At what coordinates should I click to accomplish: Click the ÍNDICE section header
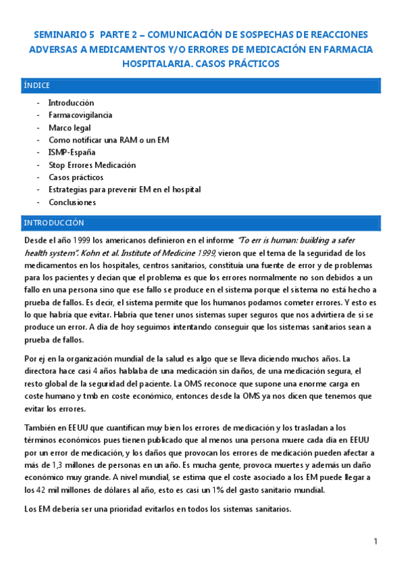(x=36, y=85)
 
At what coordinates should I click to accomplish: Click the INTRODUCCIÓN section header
(x=54, y=222)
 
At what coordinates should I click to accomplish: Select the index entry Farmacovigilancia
(x=80, y=115)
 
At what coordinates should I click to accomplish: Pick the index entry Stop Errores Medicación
(x=92, y=165)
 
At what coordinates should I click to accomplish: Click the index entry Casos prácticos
(x=76, y=177)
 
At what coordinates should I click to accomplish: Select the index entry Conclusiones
(x=72, y=202)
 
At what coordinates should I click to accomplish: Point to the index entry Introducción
(x=71, y=103)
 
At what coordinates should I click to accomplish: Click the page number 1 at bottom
(x=376, y=542)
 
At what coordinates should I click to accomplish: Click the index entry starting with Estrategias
(x=124, y=190)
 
